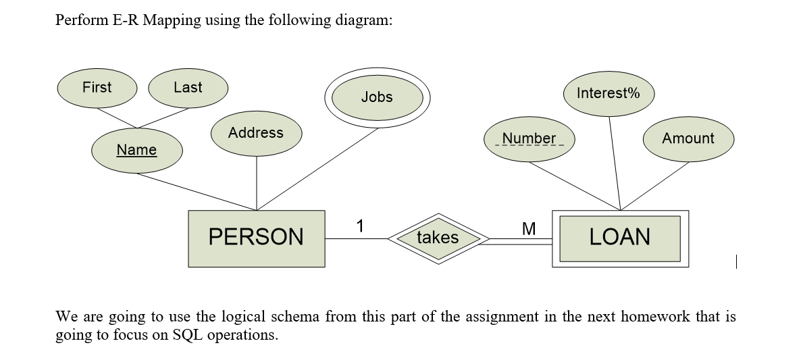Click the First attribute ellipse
97,88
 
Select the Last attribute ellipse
188,88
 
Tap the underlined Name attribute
136,150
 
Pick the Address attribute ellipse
256,133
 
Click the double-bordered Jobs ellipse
377,97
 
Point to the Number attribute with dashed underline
529,139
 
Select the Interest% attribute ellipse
608,93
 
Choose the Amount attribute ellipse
688,138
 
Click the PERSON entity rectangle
256,237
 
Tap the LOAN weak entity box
620,238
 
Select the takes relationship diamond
438,238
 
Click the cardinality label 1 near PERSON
360,226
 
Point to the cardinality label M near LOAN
529,229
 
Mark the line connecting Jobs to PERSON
317,168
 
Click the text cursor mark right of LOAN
738,259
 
